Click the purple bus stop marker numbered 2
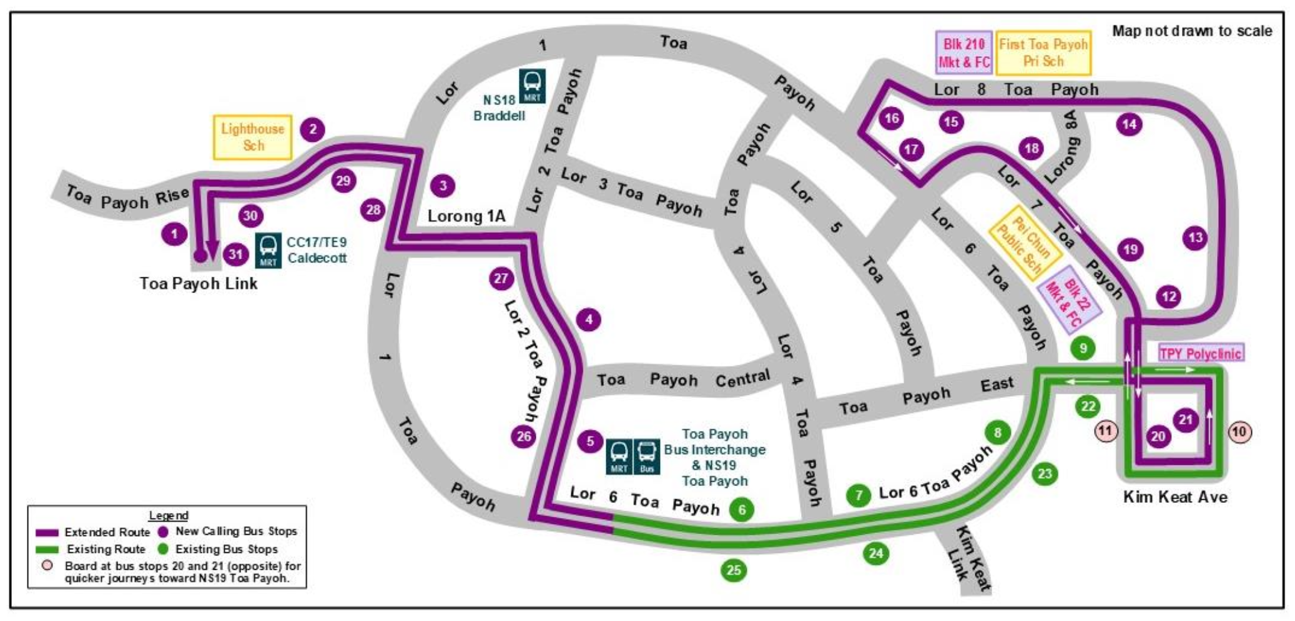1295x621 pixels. [x=313, y=129]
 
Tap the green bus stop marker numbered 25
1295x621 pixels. [x=734, y=570]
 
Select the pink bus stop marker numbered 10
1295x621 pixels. [x=1239, y=432]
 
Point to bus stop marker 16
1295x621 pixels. [x=891, y=118]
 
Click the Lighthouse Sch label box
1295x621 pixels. [x=253, y=137]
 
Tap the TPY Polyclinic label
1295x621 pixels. [x=1200, y=353]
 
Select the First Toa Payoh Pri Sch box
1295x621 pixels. [x=1043, y=53]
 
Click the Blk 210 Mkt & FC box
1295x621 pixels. [x=964, y=53]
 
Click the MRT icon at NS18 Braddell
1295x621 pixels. [x=532, y=86]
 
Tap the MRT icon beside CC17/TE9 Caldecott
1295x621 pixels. [x=268, y=250]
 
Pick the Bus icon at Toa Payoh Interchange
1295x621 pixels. [x=647, y=456]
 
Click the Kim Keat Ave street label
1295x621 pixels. [x=1175, y=497]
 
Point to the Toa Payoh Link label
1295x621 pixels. [x=199, y=284]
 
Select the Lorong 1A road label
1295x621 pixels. [x=466, y=216]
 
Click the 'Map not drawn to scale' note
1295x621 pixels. [x=1191, y=31]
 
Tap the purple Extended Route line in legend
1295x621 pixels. [x=47, y=533]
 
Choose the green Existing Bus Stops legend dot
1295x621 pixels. [x=163, y=549]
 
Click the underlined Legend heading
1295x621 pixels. [x=168, y=515]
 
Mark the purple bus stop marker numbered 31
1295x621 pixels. [x=235, y=254]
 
